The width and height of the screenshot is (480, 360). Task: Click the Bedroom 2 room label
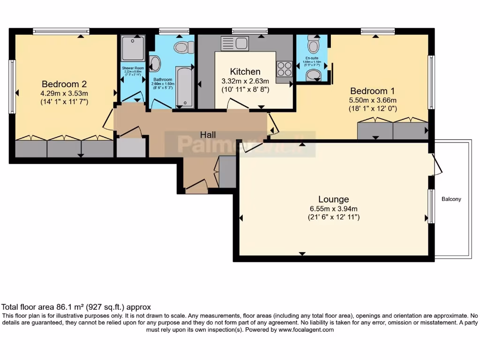pyautogui.click(x=64, y=84)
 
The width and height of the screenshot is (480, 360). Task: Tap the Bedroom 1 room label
pyautogui.click(x=369, y=91)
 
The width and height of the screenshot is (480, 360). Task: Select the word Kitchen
pyautogui.click(x=242, y=72)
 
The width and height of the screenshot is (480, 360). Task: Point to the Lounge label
pyautogui.click(x=333, y=199)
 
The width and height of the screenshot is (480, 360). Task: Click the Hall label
pyautogui.click(x=208, y=135)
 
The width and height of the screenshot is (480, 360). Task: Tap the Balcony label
pyautogui.click(x=451, y=199)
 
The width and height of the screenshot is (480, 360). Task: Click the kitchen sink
pyautogui.click(x=234, y=44)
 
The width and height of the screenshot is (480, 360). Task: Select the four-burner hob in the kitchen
pyautogui.click(x=285, y=69)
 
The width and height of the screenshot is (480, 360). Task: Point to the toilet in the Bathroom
pyautogui.click(x=182, y=47)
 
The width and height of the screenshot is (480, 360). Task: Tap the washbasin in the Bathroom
pyautogui.click(x=155, y=64)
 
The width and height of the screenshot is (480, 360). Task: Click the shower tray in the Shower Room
pyautogui.click(x=133, y=48)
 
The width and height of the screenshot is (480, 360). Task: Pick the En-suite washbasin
pyautogui.click(x=316, y=76)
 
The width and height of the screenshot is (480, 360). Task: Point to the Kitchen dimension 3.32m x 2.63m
pyautogui.click(x=242, y=81)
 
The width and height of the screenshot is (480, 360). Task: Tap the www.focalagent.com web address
pyautogui.click(x=306, y=330)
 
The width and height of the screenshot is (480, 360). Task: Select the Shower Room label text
pyautogui.click(x=133, y=68)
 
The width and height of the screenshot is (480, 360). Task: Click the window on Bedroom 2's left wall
pyautogui.click(x=12, y=86)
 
